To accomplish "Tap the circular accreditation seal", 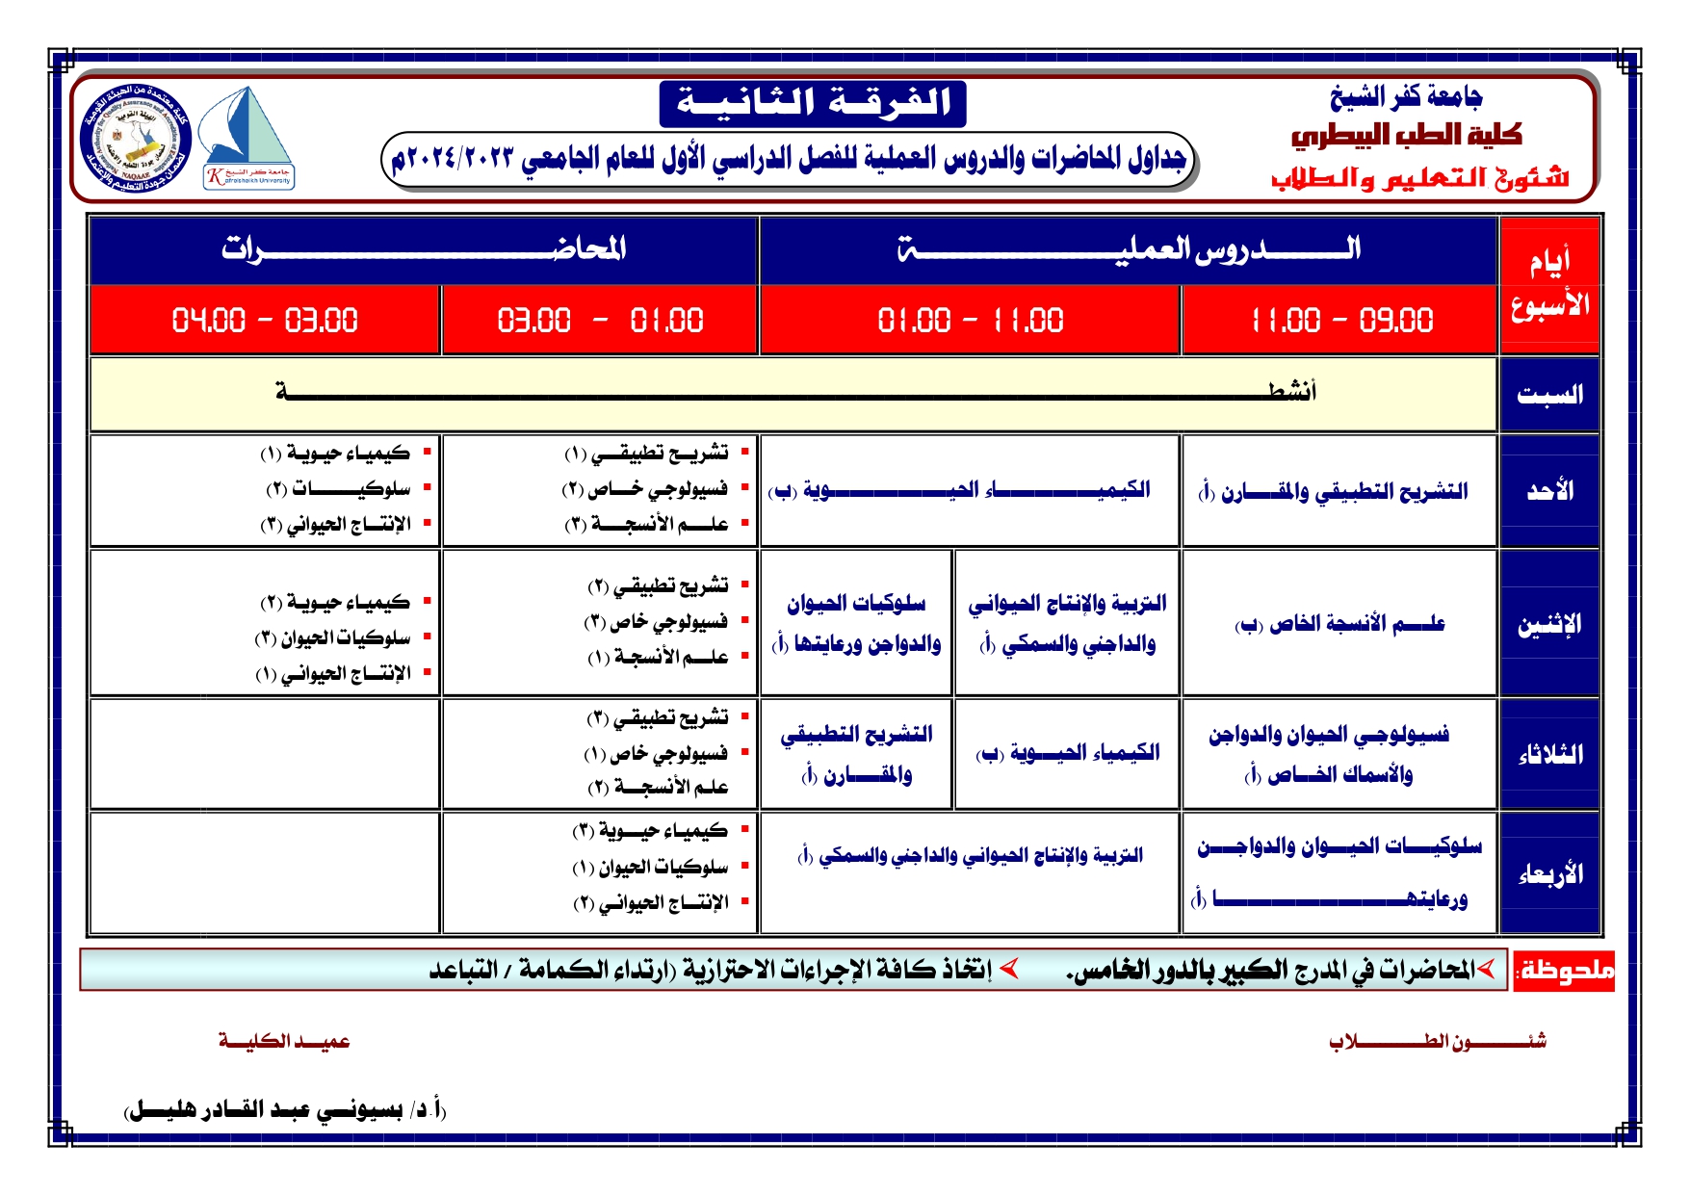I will pos(137,139).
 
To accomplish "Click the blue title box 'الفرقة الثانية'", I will pos(813,103).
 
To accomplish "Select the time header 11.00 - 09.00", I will pos(1341,320).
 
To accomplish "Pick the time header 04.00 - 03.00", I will pos(265,320).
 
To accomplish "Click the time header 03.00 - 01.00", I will pos(600,320).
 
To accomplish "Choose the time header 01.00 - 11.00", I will pos(970,320).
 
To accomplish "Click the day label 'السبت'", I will pos(1549,394).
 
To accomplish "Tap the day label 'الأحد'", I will pos(1549,491).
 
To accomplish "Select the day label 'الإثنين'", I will pos(1549,624).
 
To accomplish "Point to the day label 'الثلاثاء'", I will pos(1549,754).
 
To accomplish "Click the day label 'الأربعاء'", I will pos(1549,873).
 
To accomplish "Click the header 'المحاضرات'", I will pos(424,249).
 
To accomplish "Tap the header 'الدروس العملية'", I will pos(1129,249).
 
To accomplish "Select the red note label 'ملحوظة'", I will pos(1565,971).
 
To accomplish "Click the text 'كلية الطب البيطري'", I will pos(1406,136).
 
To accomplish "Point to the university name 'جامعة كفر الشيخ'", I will pos(1406,96).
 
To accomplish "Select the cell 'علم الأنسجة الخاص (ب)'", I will pos(1339,624).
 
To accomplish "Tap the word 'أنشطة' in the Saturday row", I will pos(1291,391).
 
